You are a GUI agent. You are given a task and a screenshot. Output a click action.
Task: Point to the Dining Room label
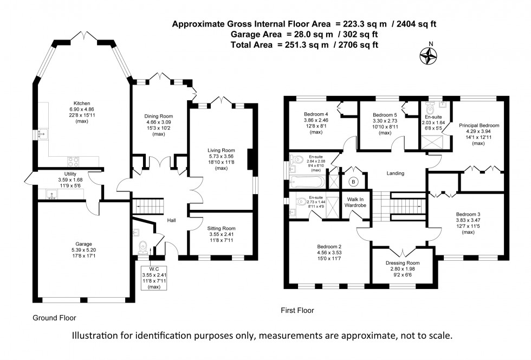coord(158,116)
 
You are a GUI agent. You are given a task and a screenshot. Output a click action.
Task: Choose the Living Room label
coord(221,150)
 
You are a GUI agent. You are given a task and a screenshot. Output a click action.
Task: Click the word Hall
coord(171,221)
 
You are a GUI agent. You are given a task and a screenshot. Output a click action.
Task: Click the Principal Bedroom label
coord(479,125)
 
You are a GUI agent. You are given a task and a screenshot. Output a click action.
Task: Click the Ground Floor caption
coord(55,318)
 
